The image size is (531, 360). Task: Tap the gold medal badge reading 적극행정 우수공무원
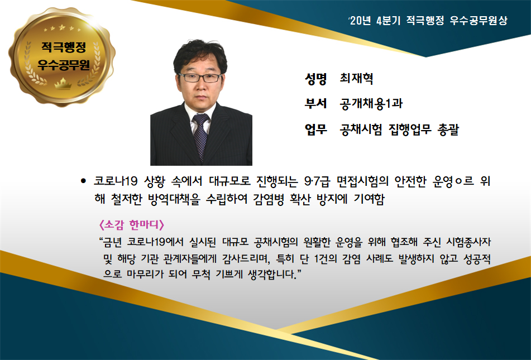click(62, 56)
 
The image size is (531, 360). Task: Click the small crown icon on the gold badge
click(63, 83)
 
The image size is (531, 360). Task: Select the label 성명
click(315, 79)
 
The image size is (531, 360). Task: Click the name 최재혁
click(357, 79)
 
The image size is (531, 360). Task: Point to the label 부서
click(315, 103)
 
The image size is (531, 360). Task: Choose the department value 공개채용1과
click(371, 103)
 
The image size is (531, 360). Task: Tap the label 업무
click(315, 129)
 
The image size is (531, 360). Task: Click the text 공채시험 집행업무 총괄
click(399, 129)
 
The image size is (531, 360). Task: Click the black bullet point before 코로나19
click(83, 181)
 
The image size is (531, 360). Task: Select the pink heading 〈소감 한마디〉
click(131, 224)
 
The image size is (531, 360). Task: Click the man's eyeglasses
click(200, 78)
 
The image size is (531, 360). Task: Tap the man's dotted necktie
click(200, 136)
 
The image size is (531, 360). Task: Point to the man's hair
click(200, 54)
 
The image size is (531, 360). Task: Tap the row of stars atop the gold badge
click(63, 28)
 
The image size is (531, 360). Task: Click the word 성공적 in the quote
click(477, 259)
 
